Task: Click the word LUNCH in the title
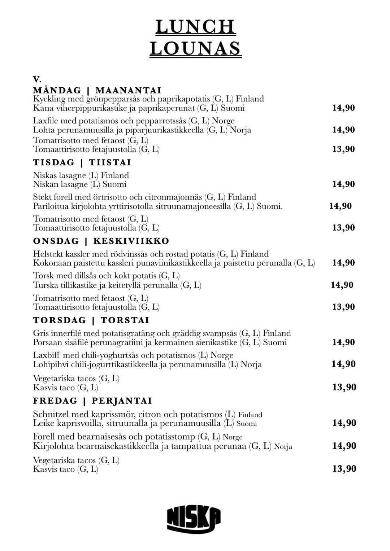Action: (x=195, y=27)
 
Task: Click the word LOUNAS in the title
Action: (x=195, y=48)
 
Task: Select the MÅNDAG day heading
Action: (x=57, y=90)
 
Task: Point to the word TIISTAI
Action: (x=110, y=162)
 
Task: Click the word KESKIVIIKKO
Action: (x=131, y=241)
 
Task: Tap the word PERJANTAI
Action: (x=122, y=401)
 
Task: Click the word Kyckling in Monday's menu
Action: (x=49, y=99)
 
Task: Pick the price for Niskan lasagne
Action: (x=343, y=184)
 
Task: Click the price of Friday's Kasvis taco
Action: (x=344, y=469)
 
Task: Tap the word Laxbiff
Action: (x=46, y=355)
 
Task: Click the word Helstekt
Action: (x=48, y=254)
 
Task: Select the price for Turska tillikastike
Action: (x=342, y=285)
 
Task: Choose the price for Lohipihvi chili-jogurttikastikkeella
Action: (x=343, y=364)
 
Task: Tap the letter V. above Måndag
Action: (x=37, y=79)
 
